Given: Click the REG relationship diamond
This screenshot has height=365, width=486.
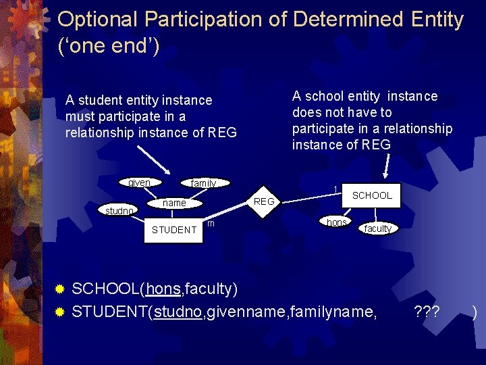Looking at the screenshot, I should tap(264, 201).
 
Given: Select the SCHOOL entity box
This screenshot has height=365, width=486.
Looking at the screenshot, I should tap(372, 195).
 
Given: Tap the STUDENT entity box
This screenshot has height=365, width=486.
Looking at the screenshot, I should tap(174, 230).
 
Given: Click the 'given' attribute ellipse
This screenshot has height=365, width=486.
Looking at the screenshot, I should tap(139, 182).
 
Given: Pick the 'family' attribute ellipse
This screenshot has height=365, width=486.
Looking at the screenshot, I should tap(203, 183).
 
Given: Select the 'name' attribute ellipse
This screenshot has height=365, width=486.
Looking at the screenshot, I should tap(175, 203).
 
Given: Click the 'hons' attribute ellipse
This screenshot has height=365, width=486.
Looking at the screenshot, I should tap(336, 222).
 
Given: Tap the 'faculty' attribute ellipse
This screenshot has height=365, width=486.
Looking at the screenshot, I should tap(377, 228).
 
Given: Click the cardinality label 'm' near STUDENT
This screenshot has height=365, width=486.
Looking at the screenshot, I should tap(211, 224).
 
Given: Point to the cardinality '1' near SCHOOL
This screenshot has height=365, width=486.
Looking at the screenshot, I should tap(335, 189).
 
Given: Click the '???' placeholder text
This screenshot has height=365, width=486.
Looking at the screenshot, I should tap(427, 312).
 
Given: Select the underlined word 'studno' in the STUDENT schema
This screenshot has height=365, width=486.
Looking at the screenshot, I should tap(178, 312).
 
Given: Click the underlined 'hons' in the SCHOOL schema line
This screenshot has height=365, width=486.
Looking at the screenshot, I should tap(163, 289).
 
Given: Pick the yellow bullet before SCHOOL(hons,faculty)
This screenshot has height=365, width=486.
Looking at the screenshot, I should tap(59, 290).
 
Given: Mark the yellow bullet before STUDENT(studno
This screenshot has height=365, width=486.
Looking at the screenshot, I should tap(59, 312).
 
